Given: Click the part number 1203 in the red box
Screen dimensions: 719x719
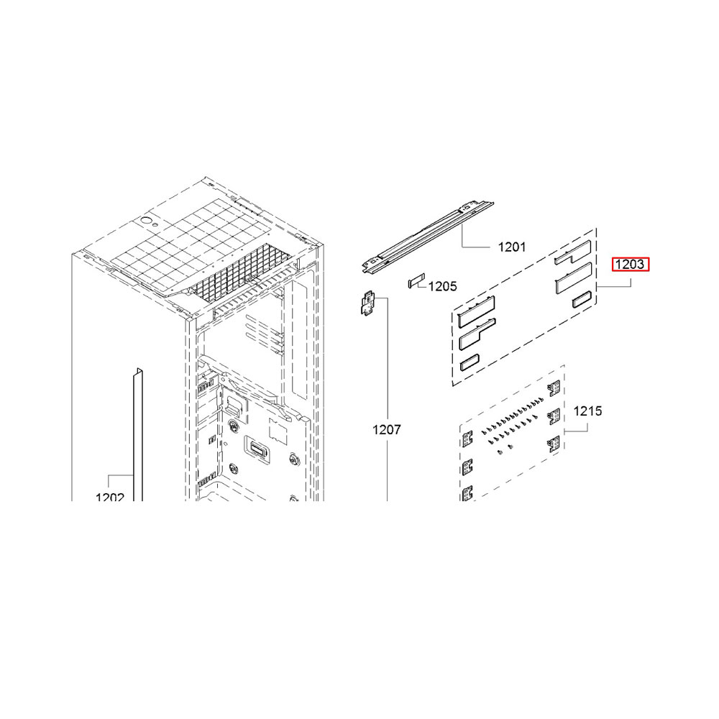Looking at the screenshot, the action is pos(630,264).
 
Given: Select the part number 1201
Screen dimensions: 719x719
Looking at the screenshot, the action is pos(512,247).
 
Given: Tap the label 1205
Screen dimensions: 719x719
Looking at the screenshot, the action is pos(443,286).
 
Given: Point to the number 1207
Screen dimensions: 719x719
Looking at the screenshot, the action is pos(387,430).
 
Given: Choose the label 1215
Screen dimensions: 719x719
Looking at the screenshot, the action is pos(588,411).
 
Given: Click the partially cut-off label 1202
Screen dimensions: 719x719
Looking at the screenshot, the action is pos(110,497).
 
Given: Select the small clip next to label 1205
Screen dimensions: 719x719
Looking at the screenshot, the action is pos(416,280).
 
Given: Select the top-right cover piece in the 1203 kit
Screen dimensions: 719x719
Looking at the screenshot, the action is pos(572,252).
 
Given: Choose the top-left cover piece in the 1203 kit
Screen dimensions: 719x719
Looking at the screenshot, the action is pos(477,311).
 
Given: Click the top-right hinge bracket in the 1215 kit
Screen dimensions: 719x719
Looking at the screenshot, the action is pos(554,389).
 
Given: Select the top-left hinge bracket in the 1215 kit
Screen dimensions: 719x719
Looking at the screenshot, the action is pos(467,440).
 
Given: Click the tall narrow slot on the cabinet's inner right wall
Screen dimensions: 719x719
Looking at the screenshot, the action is pos(299,339).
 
